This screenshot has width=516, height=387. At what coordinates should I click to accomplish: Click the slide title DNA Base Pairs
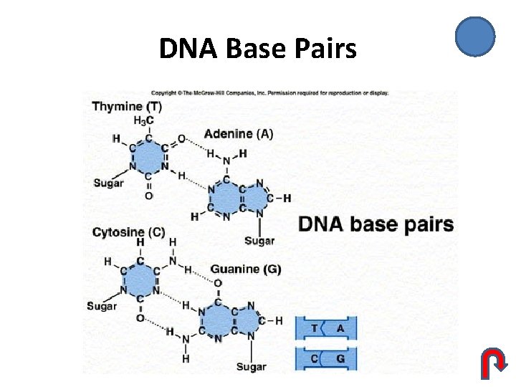click(257, 49)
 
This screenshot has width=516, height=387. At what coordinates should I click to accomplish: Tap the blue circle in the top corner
click(475, 37)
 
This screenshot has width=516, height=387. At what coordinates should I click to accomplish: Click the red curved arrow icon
click(492, 363)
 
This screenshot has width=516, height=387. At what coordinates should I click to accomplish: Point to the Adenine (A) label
click(239, 133)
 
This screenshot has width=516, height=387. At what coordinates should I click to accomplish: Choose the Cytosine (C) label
click(129, 232)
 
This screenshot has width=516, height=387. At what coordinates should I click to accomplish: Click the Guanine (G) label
click(245, 269)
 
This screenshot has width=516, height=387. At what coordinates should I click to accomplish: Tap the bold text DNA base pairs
click(376, 224)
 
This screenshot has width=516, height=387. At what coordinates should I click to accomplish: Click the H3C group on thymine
click(143, 120)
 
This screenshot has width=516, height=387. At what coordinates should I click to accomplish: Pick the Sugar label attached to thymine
click(108, 183)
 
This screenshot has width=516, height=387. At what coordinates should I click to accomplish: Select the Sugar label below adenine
click(259, 241)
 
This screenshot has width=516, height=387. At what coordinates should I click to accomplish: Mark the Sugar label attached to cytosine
click(102, 306)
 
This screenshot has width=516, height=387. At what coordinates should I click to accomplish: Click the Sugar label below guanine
click(251, 367)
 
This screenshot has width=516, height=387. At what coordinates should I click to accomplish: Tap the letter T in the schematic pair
click(315, 328)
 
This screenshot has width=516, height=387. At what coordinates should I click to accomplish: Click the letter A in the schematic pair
click(340, 328)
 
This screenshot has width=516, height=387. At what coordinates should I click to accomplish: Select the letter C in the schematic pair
click(315, 358)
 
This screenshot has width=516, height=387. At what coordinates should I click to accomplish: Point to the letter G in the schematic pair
click(340, 358)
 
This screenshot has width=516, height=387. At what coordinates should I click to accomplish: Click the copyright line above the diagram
click(269, 93)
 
